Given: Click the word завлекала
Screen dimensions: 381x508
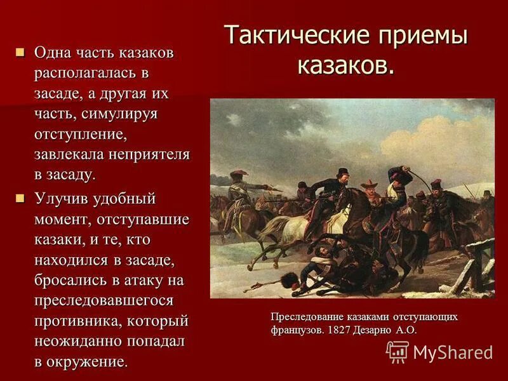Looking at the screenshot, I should tap(70, 154).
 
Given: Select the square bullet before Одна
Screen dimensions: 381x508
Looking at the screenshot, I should tap(22, 51).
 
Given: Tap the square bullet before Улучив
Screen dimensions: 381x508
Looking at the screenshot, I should tap(22, 199).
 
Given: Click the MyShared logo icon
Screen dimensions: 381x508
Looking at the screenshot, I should tap(398, 352).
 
